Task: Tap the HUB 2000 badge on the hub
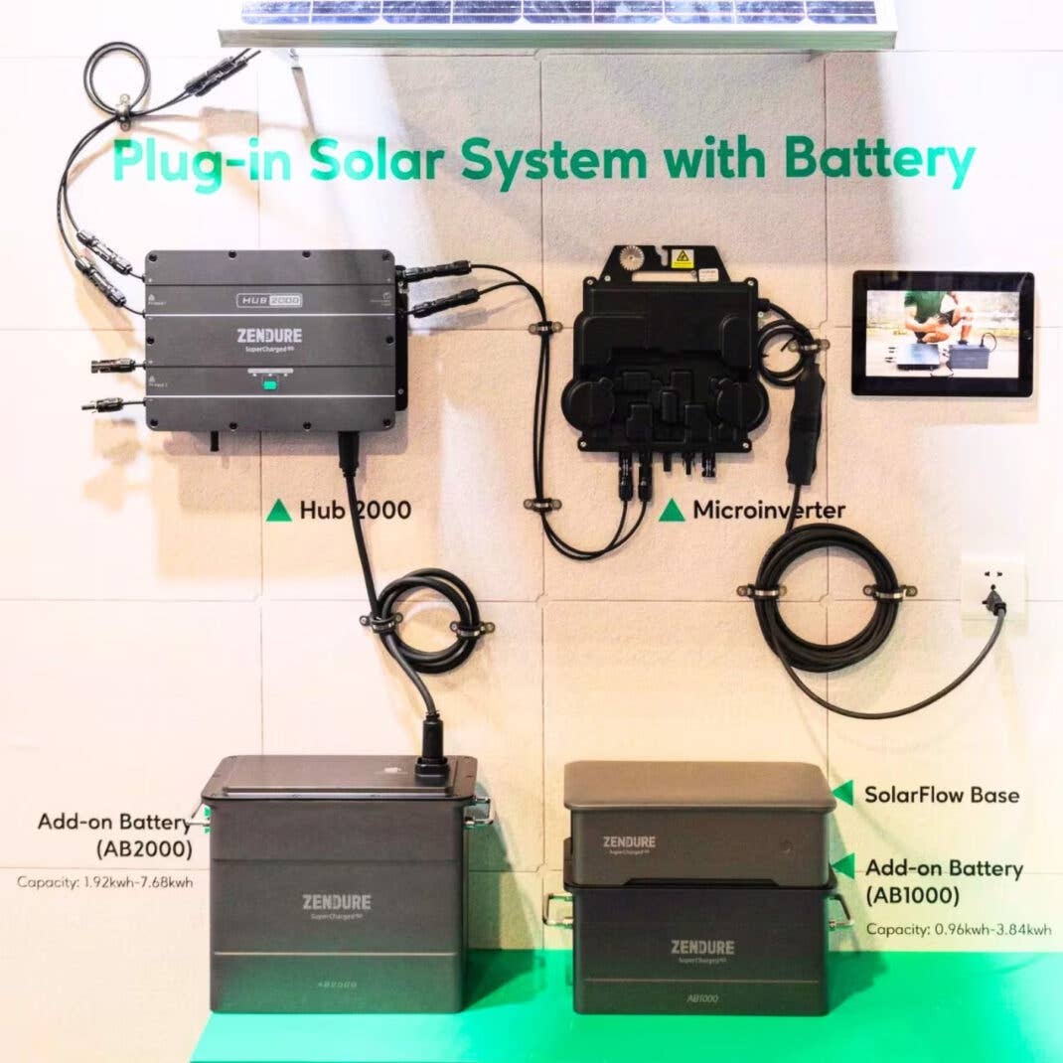coord(268,299)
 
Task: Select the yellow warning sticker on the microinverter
coord(681,258)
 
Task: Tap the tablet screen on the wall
coord(942,333)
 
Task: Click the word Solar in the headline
coord(387,162)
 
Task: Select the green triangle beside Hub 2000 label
coord(278,512)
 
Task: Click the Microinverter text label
coord(768,511)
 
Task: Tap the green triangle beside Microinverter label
coord(672,511)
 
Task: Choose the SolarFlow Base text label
coord(941,795)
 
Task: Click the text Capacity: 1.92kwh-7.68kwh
coord(104,881)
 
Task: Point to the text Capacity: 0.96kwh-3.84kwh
coord(958,930)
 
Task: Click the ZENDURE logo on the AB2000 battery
coord(337,902)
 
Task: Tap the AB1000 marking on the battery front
coord(701,998)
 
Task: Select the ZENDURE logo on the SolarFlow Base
coord(629,842)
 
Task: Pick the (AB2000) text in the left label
coord(144,849)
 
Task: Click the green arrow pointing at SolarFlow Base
coord(843,793)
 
